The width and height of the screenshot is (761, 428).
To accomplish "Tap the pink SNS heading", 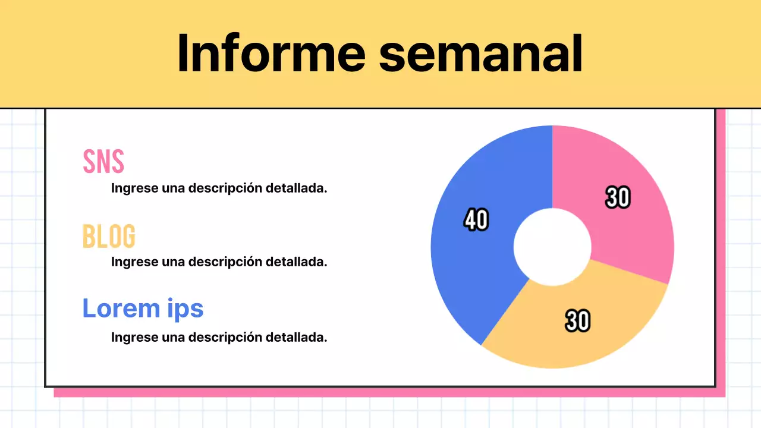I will click(103, 161).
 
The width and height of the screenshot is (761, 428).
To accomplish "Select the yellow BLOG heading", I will click(109, 236).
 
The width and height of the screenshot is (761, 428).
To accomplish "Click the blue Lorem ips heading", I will click(143, 308).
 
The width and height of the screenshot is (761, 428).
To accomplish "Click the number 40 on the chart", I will click(476, 220).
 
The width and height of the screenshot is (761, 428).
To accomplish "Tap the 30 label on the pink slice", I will click(618, 197).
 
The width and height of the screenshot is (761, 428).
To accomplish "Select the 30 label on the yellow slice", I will click(577, 321).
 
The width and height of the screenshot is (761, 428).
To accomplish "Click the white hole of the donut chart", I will click(552, 247).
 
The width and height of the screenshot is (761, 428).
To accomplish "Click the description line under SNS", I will click(219, 188).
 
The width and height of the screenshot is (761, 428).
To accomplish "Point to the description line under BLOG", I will click(219, 262).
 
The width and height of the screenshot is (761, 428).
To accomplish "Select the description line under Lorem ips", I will click(219, 338).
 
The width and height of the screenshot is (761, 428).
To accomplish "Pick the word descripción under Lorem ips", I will click(225, 338).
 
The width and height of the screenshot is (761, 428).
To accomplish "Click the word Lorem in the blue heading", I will click(117, 308).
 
